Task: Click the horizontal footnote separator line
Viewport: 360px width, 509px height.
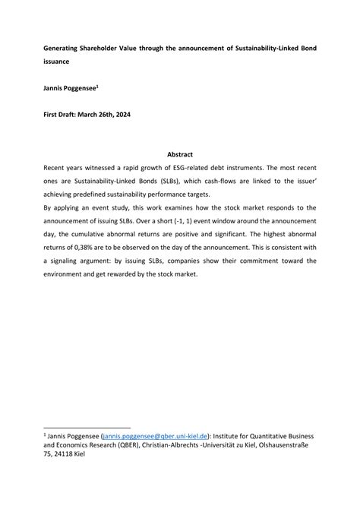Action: click(87, 426)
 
